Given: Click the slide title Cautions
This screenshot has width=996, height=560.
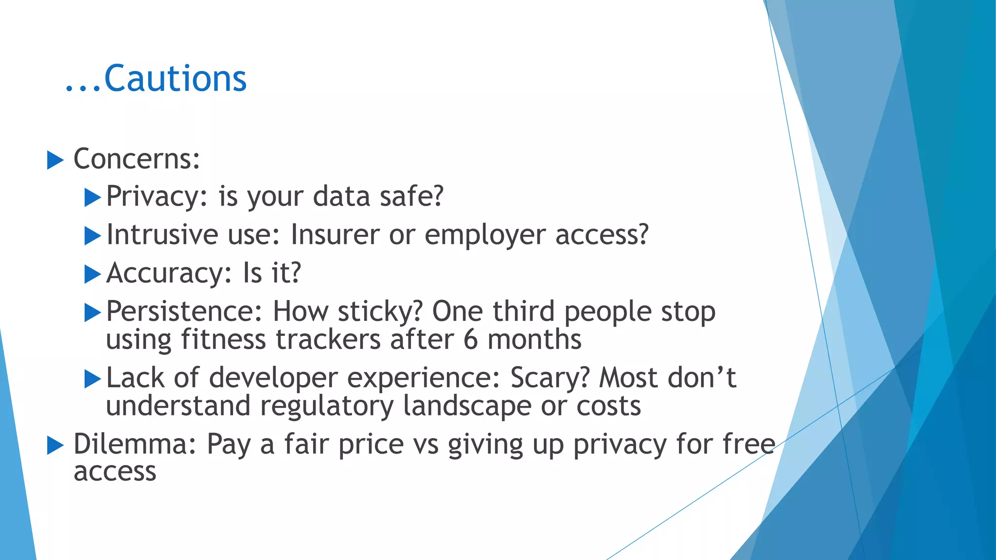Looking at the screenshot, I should tap(175, 79).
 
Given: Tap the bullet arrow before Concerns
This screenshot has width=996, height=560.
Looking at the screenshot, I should tap(55, 160).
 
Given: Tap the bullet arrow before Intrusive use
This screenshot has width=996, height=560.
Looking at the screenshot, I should tap(92, 236).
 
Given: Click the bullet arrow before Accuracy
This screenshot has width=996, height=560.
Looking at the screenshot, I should tap(92, 275).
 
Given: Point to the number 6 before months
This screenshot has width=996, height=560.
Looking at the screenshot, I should tap(470, 339).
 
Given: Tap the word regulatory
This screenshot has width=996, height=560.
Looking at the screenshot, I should tap(326, 406).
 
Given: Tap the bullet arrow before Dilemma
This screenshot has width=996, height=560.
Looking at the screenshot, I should tap(55, 445).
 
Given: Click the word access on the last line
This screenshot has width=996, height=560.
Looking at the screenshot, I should tap(115, 472).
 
